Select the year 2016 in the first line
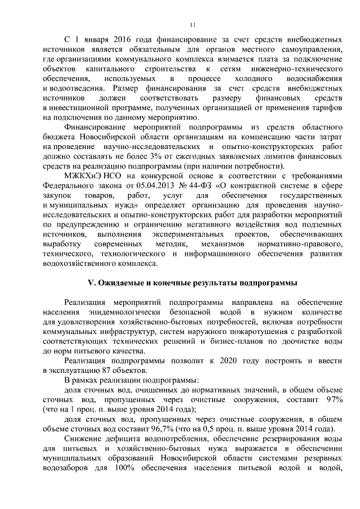point(116,41)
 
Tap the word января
point(90,41)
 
